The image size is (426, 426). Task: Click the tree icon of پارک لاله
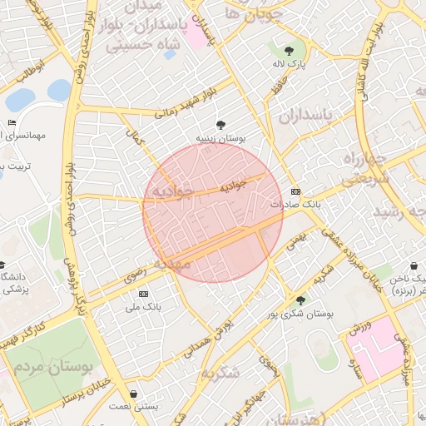pos(290,50)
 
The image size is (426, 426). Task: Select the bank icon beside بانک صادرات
pos(295,191)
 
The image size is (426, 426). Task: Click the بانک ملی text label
pos(141,307)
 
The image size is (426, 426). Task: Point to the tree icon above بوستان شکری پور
pos(300,300)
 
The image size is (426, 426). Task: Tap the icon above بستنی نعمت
pos(135,394)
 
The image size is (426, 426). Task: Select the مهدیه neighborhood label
pos(174,264)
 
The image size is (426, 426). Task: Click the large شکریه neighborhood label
pos(220,372)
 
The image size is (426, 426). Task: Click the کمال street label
pos(135,136)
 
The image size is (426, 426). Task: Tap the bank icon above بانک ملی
pos(142,294)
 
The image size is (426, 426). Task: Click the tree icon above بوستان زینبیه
pos(220,125)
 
